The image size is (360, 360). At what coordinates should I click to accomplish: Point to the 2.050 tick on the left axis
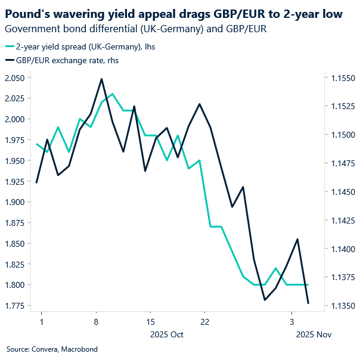pyautogui.click(x=16, y=78)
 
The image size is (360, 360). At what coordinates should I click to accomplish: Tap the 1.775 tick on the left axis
pyautogui.click(x=16, y=306)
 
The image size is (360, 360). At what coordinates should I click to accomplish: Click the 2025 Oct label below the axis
pyautogui.click(x=168, y=334)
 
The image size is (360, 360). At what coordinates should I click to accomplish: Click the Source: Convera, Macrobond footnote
pyautogui.click(x=52, y=349)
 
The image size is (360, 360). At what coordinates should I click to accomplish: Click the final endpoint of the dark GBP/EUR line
pyautogui.click(x=308, y=303)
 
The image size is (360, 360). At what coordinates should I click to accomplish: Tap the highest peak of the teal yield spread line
pyautogui.click(x=113, y=94)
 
